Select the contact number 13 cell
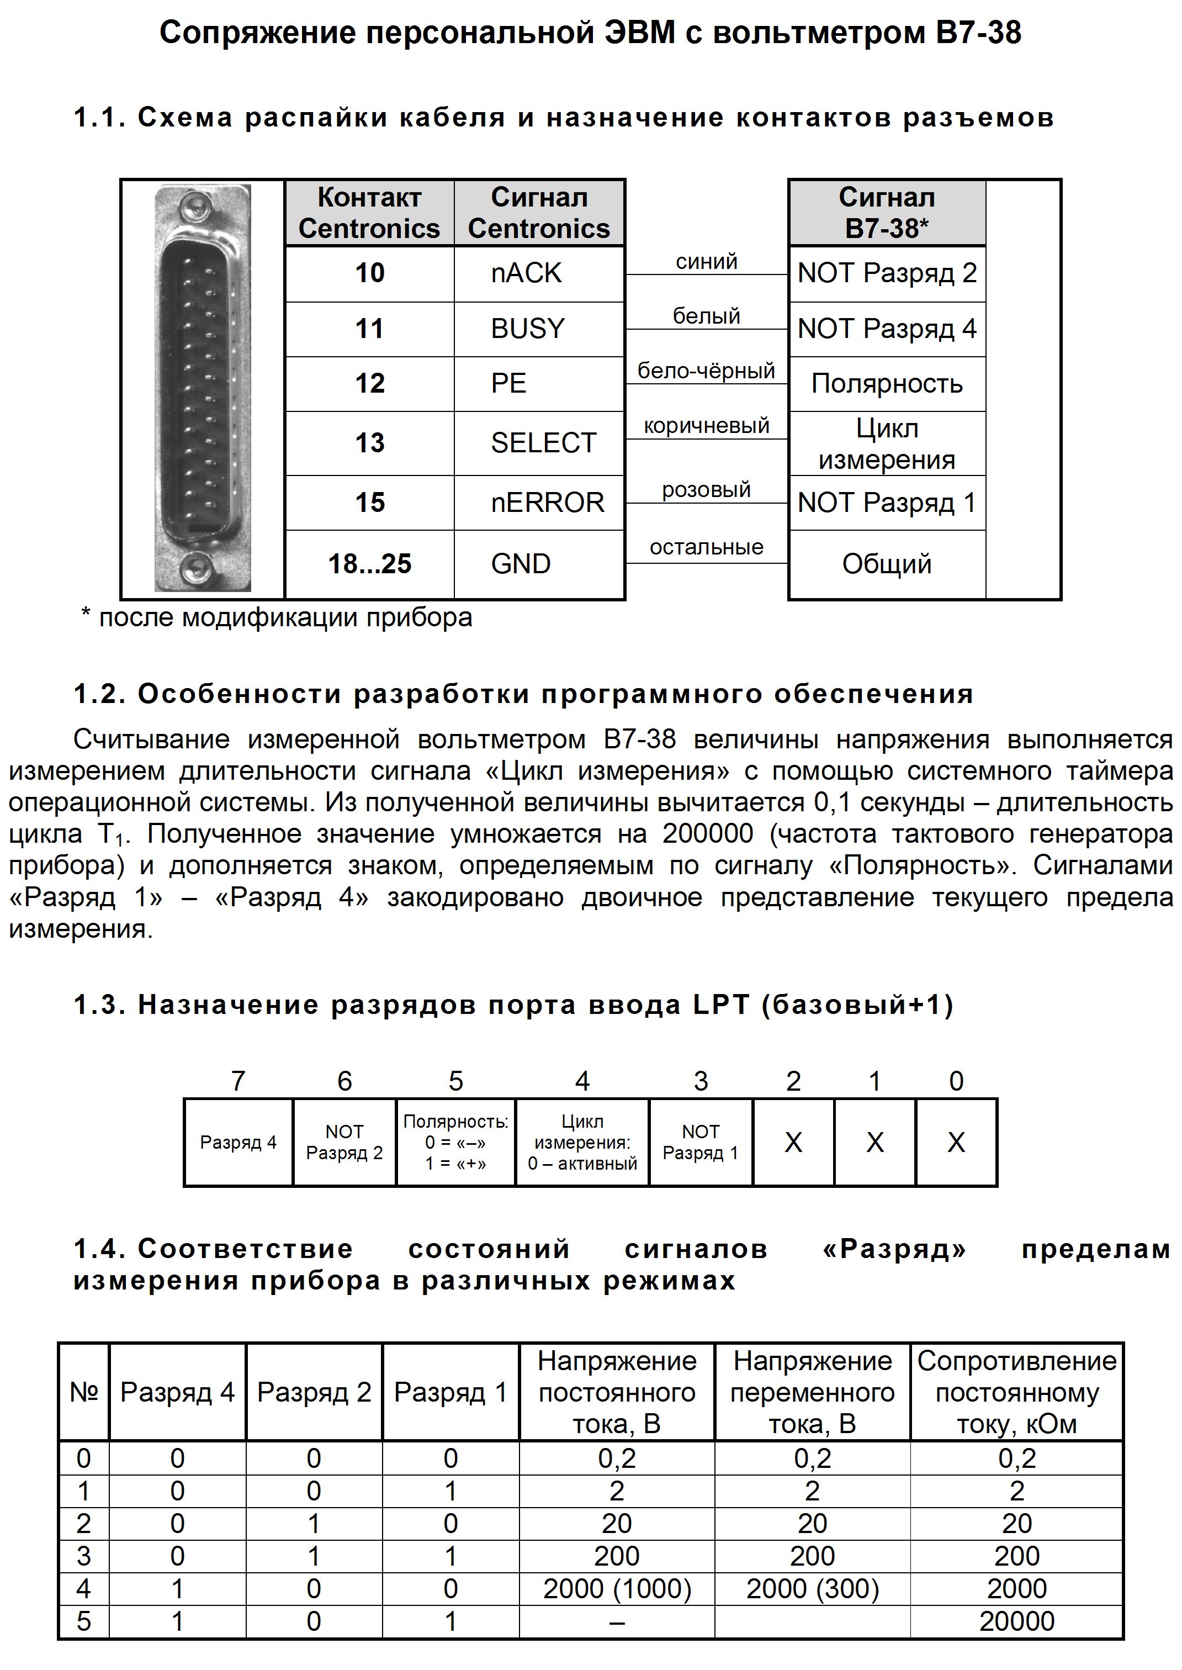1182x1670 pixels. click(x=370, y=442)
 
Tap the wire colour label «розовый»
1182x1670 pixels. click(x=706, y=490)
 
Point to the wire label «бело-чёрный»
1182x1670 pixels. click(x=706, y=371)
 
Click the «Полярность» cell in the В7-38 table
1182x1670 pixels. click(x=887, y=384)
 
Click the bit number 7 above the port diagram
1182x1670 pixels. click(x=238, y=1082)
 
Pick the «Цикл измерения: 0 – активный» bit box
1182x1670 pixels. click(x=582, y=1142)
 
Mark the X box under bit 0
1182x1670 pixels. click(x=956, y=1142)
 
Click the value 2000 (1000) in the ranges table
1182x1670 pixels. click(x=617, y=1588)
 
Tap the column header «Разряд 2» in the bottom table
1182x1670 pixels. click(x=314, y=1392)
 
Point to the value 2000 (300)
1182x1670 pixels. click(x=812, y=1588)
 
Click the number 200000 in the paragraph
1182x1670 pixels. click(x=707, y=833)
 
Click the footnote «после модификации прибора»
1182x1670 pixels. click(x=285, y=618)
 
